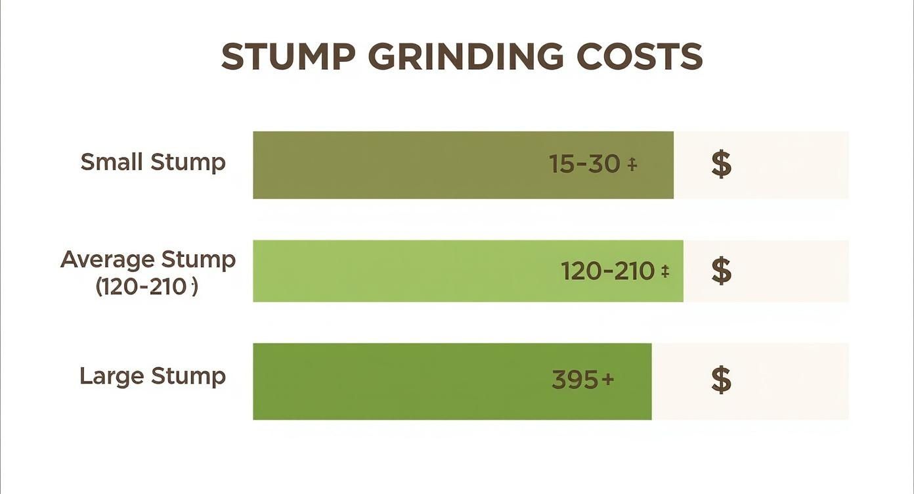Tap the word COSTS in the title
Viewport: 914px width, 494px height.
click(640, 57)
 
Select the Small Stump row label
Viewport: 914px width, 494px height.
click(153, 162)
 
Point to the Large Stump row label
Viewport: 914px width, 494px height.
click(152, 376)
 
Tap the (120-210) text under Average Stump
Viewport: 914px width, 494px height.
click(146, 287)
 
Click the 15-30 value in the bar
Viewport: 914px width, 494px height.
click(584, 164)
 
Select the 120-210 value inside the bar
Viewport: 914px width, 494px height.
click(607, 271)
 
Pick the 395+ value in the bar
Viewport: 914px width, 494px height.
click(582, 380)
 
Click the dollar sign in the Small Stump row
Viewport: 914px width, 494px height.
click(721, 164)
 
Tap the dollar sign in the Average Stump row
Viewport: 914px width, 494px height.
click(721, 271)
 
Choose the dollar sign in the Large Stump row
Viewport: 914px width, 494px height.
click(721, 380)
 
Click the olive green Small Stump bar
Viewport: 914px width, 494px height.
click(394, 165)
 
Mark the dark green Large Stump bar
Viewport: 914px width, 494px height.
click(394, 381)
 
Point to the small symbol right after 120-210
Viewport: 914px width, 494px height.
click(664, 271)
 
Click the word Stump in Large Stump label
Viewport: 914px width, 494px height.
click(188, 376)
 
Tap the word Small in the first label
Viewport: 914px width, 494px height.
click(112, 162)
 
